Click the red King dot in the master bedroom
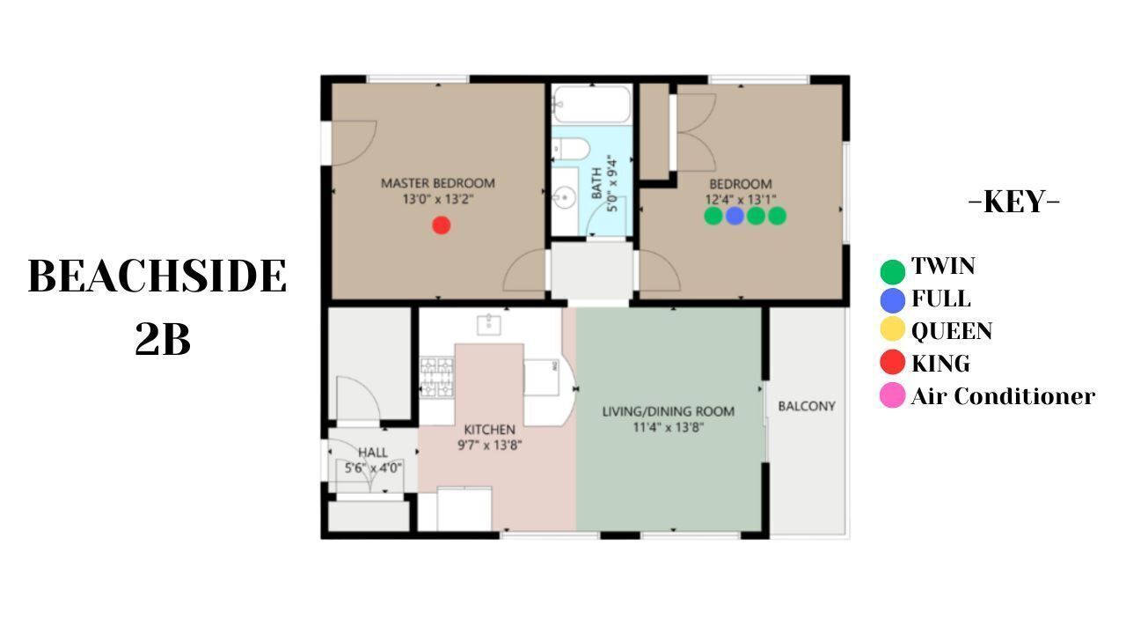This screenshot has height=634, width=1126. [442, 225]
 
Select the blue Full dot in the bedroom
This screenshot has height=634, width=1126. [735, 216]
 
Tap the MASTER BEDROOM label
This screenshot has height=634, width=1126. [438, 183]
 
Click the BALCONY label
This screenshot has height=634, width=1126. [807, 406]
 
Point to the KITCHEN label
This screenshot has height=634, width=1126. [490, 430]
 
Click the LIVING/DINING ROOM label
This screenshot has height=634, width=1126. [668, 411]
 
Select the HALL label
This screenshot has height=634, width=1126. [372, 453]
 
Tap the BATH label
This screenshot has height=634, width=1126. [596, 184]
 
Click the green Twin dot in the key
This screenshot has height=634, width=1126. [893, 272]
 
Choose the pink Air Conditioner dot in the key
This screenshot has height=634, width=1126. [893, 395]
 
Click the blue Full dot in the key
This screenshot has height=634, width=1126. [893, 299]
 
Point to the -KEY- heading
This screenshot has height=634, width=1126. [1014, 202]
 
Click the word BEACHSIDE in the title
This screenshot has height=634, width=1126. [157, 276]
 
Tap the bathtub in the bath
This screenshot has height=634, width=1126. [591, 104]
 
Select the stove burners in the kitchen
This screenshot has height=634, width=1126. [437, 377]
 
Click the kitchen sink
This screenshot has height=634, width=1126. [488, 325]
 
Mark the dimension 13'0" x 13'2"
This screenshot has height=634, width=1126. [438, 199]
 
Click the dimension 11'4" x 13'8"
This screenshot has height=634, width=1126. [668, 428]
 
